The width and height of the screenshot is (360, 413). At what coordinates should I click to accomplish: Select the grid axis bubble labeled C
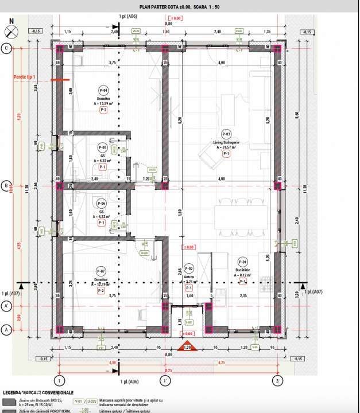tap(7, 48)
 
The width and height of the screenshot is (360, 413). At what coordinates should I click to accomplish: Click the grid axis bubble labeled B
tap(7, 186)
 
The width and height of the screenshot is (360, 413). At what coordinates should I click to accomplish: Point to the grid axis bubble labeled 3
tap(278, 380)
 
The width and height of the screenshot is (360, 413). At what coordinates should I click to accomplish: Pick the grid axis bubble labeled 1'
tap(164, 380)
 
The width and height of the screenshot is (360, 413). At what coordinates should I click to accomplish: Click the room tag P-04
tap(103, 91)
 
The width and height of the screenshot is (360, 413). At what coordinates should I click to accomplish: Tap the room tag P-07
tap(100, 271)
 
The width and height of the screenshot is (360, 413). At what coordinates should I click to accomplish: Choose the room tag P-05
tap(103, 146)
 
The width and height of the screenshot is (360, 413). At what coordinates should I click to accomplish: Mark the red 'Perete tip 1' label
tap(25, 76)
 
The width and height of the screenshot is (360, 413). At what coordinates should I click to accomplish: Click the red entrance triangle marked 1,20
tap(186, 347)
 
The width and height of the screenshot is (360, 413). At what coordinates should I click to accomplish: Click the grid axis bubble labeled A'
tap(7, 306)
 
